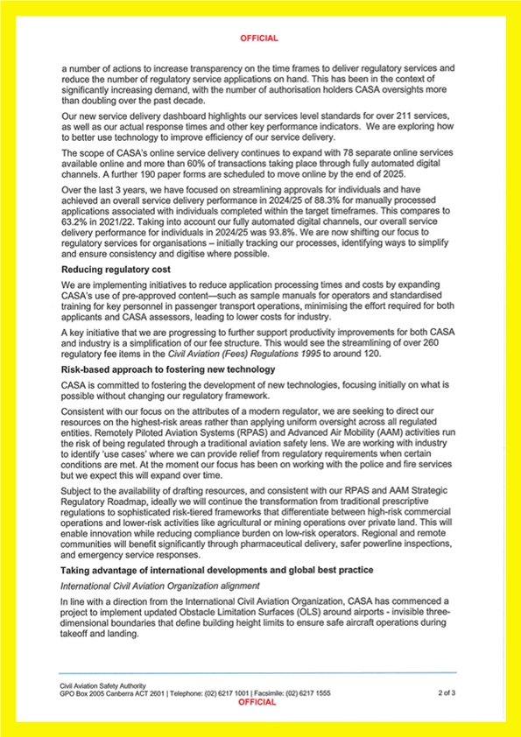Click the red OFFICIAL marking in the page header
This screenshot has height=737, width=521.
(259, 39)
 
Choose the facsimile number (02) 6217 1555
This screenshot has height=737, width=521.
(308, 692)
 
